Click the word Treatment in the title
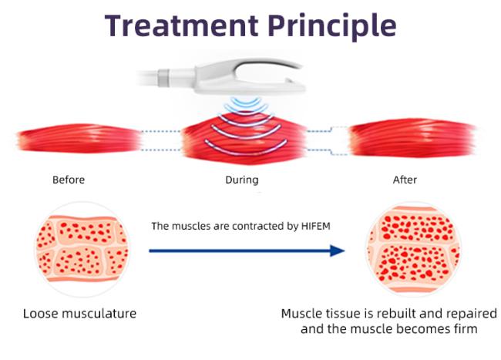[181, 25]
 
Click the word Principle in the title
[332, 27]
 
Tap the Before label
[69, 180]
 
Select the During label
[242, 180]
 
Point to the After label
[405, 180]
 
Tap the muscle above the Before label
[79, 139]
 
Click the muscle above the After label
[412, 138]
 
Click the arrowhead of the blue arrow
[337, 251]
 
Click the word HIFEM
[316, 226]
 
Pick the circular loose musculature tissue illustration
[82, 249]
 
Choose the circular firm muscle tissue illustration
[414, 249]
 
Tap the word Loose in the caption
[41, 314]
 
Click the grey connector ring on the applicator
[163, 78]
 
